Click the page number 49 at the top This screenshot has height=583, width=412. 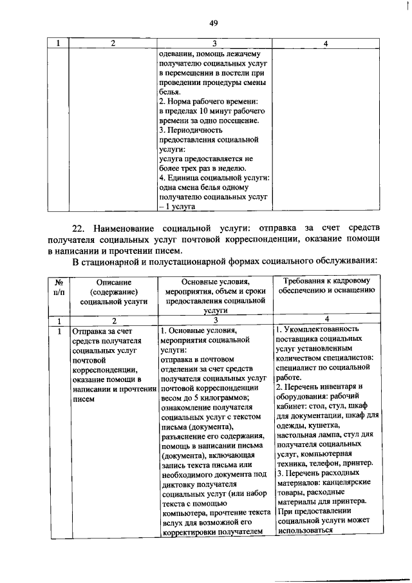click(x=214, y=23)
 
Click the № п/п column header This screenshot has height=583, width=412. click(x=58, y=288)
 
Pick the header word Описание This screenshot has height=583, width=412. click(x=113, y=282)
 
